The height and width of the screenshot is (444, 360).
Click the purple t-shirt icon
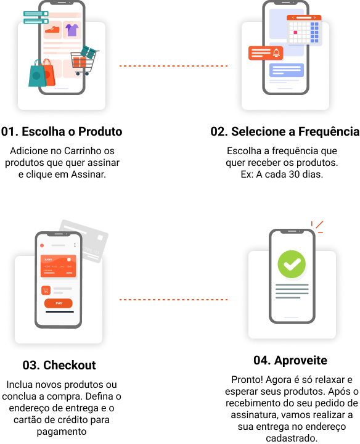72,30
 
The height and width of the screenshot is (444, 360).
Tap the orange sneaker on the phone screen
52,29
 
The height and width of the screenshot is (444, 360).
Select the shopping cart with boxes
84,61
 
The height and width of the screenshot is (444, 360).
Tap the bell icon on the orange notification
276,52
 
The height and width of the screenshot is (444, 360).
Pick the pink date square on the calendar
295,33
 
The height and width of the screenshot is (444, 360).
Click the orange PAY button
59,303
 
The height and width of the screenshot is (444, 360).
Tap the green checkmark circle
292,264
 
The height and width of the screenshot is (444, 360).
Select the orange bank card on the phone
59,266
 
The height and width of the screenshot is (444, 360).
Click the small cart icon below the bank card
46,290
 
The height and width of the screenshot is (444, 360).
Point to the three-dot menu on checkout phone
75,245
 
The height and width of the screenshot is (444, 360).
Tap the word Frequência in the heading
329,132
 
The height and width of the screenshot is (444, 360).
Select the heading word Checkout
70,365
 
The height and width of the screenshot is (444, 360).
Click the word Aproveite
301,361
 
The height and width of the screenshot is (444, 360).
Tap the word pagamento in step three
62,432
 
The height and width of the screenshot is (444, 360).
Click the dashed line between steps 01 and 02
173,66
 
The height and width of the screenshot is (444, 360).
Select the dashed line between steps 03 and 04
173,300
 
